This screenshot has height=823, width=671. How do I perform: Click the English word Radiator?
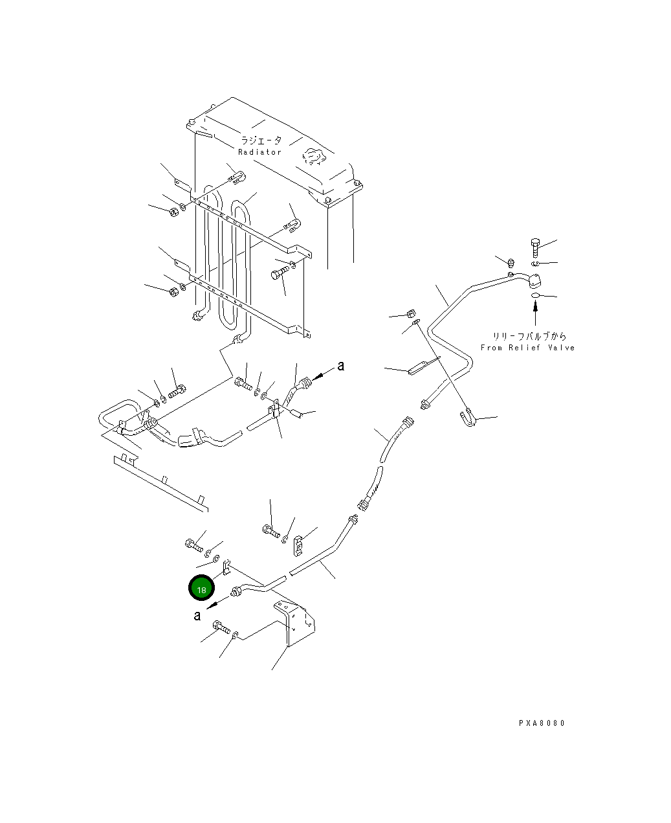tap(259, 152)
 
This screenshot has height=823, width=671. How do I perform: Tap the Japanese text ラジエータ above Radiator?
tap(261, 140)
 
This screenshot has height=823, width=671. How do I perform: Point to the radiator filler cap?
tap(314, 157)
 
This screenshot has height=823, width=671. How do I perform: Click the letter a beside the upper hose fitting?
tap(341, 366)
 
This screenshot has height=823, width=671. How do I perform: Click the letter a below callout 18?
tap(197, 616)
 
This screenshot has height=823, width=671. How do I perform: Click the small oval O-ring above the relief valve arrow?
tap(536, 295)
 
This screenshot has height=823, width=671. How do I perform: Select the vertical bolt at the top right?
tap(535, 247)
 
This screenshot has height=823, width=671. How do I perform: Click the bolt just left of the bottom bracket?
tap(221, 627)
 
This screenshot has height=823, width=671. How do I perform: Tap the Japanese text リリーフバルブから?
tap(529, 335)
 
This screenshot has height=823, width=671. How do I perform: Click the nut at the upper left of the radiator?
tap(174, 212)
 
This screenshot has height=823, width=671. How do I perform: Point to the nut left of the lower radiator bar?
tap(174, 291)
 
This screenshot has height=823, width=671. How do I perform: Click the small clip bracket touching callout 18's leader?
tap(226, 568)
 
